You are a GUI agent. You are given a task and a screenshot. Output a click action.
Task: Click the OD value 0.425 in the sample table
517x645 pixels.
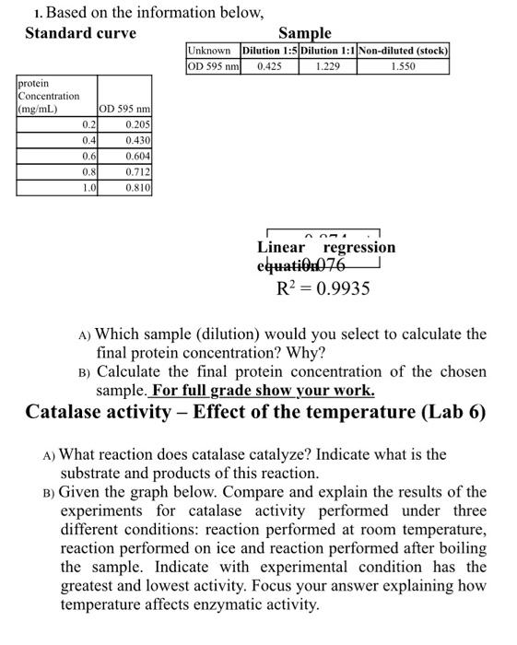[x=269, y=66]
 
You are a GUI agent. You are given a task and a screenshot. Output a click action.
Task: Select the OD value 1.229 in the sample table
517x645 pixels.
[x=327, y=66]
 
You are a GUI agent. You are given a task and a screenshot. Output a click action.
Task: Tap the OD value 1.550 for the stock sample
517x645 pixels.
[x=403, y=66]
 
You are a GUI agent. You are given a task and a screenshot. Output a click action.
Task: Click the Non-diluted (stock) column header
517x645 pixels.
[x=403, y=51]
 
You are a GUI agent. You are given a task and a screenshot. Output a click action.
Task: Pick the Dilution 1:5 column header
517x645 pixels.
[x=269, y=51]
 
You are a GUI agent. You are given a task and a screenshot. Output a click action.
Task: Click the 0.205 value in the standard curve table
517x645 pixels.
[x=137, y=124]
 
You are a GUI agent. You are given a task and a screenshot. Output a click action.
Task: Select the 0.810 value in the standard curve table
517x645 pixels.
[x=137, y=187]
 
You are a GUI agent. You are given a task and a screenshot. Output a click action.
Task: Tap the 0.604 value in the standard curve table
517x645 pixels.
[x=137, y=156]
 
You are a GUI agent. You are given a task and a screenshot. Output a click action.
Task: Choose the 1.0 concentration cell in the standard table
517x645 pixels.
[x=89, y=187]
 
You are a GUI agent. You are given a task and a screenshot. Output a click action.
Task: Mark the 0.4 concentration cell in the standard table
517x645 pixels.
[x=89, y=140]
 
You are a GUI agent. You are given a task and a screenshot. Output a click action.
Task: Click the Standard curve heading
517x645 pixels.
[x=80, y=33]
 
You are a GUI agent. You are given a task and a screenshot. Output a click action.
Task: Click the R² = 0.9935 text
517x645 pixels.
[x=323, y=288]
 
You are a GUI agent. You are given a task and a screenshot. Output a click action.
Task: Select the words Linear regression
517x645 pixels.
[x=326, y=247]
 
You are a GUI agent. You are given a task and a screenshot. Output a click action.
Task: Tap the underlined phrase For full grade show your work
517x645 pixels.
[x=263, y=390]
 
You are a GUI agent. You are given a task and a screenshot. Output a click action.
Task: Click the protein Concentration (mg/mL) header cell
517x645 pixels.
[x=49, y=97]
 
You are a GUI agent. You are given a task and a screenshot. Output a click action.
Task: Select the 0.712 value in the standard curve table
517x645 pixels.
[x=137, y=171]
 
